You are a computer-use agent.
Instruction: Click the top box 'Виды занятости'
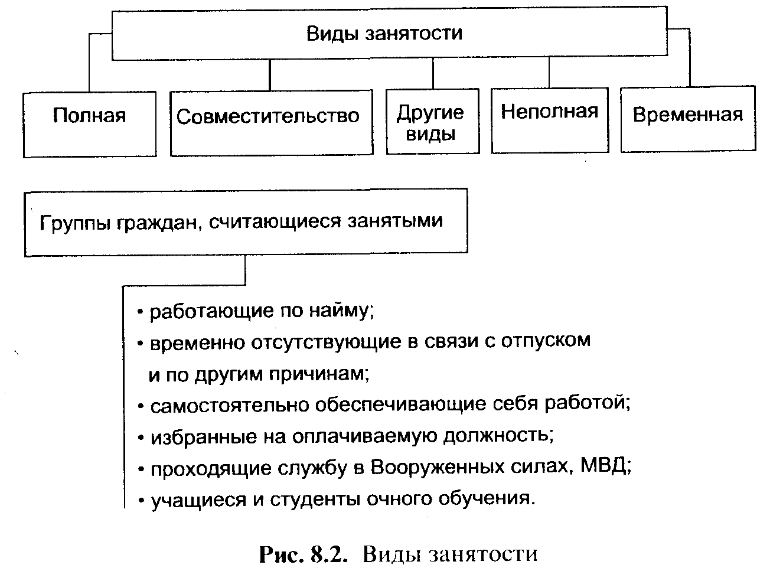tap(384, 33)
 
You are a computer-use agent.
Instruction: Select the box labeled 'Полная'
tap(90, 123)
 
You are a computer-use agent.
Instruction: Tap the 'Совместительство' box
tap(271, 122)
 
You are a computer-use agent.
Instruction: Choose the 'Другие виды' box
tap(432, 122)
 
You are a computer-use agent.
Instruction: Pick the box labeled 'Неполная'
tap(550, 120)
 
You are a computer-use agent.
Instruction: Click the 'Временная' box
tap(688, 117)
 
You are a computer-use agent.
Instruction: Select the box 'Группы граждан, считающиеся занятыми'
tap(246, 222)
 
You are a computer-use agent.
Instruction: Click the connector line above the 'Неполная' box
tap(549, 73)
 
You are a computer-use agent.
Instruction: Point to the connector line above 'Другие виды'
tap(433, 74)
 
